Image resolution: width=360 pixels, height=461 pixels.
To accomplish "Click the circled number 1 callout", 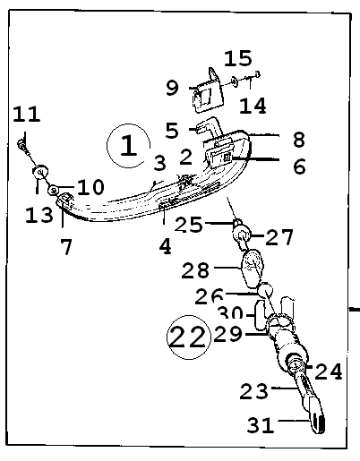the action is pos(129,146).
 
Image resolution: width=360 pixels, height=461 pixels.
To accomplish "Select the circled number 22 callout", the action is pos(189,337).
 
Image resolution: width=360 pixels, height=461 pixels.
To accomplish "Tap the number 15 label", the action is pos(238,58).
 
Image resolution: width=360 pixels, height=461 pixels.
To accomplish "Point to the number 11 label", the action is pos(27,114).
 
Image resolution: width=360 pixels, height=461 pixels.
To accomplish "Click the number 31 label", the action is pos(261,425).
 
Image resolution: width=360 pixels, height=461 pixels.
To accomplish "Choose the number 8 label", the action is pos(299,140).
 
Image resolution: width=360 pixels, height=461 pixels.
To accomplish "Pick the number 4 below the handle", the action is pos(166,246).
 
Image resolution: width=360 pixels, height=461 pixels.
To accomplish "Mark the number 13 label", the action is pos(39,215).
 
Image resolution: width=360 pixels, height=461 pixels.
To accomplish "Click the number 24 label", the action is pos(329,371).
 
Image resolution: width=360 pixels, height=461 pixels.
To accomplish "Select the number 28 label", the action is pos(195,270).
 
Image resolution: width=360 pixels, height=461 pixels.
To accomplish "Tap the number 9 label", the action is pos(172,88).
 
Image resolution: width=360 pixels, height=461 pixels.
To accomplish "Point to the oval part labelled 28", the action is pos(252,269).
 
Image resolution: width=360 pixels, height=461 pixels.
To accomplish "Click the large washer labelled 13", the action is pos(40,172).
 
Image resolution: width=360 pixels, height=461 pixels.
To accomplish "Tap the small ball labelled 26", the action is pos(265,290).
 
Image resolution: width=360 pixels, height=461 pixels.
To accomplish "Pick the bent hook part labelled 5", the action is pos(209,127).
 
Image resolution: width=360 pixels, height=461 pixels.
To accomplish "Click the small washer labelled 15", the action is pos(235,81).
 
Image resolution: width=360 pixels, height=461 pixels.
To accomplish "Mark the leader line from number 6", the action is pos(255,159).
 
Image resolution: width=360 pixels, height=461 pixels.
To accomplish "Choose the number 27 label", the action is pos(279,237).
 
